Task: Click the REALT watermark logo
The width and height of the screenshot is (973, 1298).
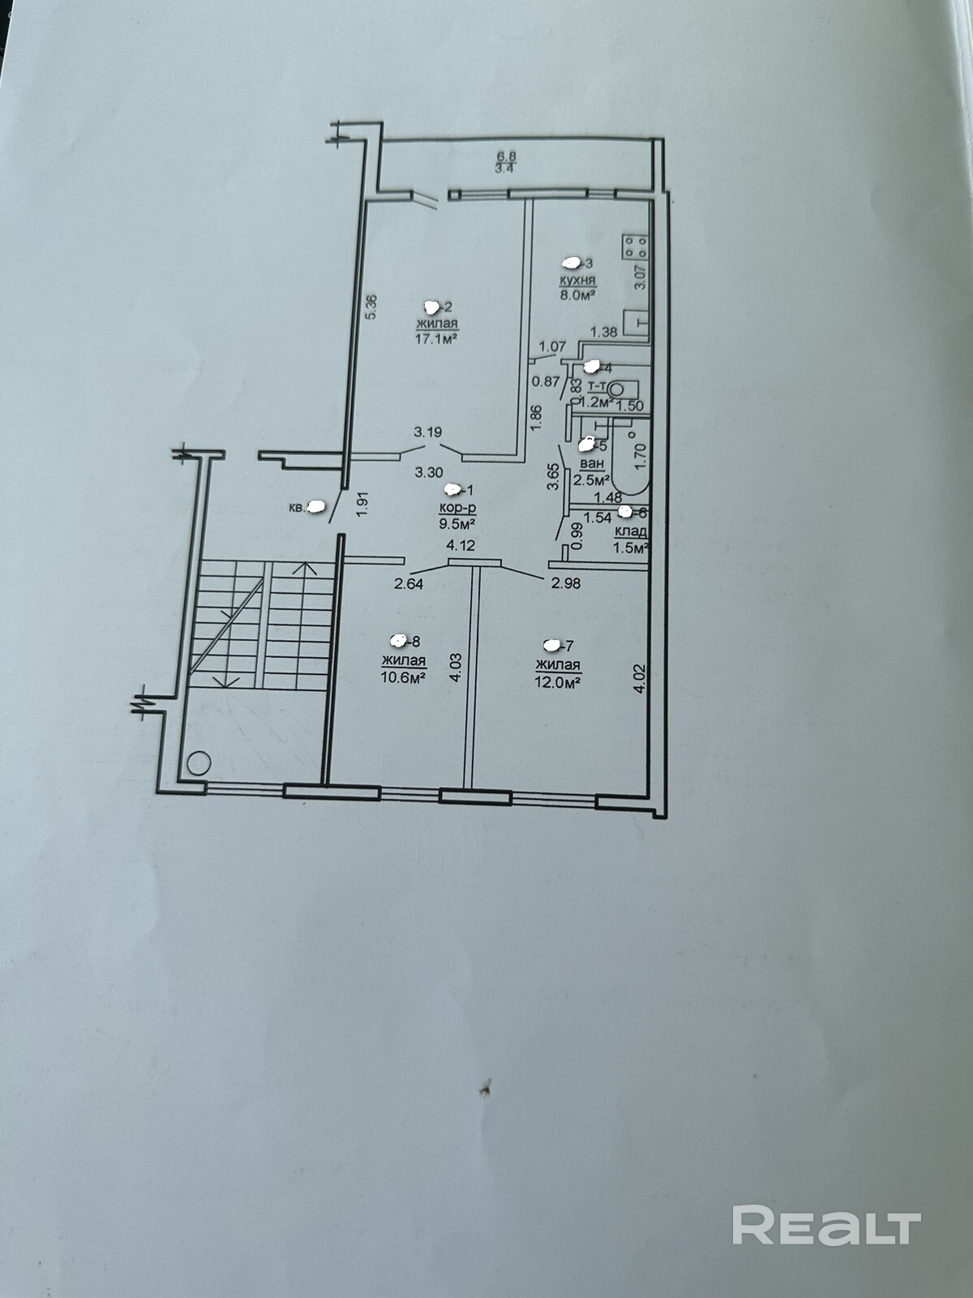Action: tap(826, 1225)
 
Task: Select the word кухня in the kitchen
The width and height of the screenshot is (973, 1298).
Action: tap(577, 280)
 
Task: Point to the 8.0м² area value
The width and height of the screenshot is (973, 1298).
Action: tap(577, 294)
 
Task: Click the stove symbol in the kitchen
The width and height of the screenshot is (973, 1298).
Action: tap(634, 246)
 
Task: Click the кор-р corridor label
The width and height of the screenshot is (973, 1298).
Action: tap(457, 507)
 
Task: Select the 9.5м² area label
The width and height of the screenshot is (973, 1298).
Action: tap(457, 522)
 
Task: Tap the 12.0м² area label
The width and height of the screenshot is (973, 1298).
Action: tap(558, 682)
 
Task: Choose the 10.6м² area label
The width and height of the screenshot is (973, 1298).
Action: tap(404, 677)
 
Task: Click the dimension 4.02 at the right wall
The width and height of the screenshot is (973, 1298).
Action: tap(640, 678)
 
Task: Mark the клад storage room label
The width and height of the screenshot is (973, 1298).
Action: tap(631, 531)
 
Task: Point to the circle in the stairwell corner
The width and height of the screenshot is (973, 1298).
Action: tap(199, 763)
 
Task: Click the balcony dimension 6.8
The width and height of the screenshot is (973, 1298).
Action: tap(506, 157)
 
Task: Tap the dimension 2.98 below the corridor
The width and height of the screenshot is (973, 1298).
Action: tap(565, 582)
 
